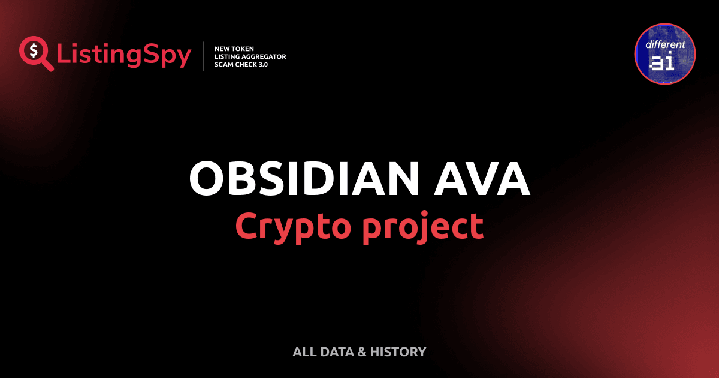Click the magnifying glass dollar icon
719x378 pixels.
coord(35,53)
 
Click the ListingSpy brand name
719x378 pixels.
coord(124,55)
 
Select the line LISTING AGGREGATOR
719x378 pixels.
coord(250,56)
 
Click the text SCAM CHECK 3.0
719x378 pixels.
coord(241,64)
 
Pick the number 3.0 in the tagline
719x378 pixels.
coord(262,64)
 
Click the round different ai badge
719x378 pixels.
coord(664,53)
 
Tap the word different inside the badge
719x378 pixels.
coord(664,45)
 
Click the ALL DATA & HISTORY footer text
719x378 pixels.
coord(359,352)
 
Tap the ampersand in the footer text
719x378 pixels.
coord(361,352)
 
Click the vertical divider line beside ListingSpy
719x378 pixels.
coord(204,56)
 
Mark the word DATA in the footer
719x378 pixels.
coord(335,352)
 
